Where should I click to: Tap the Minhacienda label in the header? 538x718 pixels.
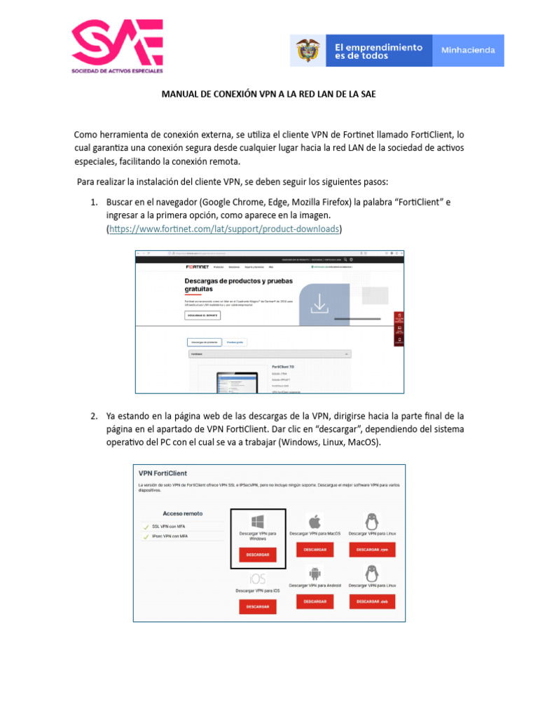(467, 50)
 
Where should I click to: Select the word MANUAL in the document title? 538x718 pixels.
(181, 93)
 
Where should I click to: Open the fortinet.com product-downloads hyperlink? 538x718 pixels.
(223, 229)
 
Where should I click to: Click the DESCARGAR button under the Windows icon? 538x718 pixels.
(258, 555)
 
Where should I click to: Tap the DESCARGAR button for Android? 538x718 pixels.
(315, 601)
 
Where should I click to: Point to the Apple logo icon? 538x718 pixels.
(315, 521)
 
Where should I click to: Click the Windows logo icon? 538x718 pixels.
(257, 521)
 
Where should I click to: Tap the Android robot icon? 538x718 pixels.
(315, 571)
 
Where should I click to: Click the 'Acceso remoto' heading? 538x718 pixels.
(184, 513)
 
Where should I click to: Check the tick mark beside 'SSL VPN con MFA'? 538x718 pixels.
(146, 527)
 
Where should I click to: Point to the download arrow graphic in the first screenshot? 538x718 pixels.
(319, 303)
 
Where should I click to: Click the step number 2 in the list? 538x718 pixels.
(93, 416)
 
